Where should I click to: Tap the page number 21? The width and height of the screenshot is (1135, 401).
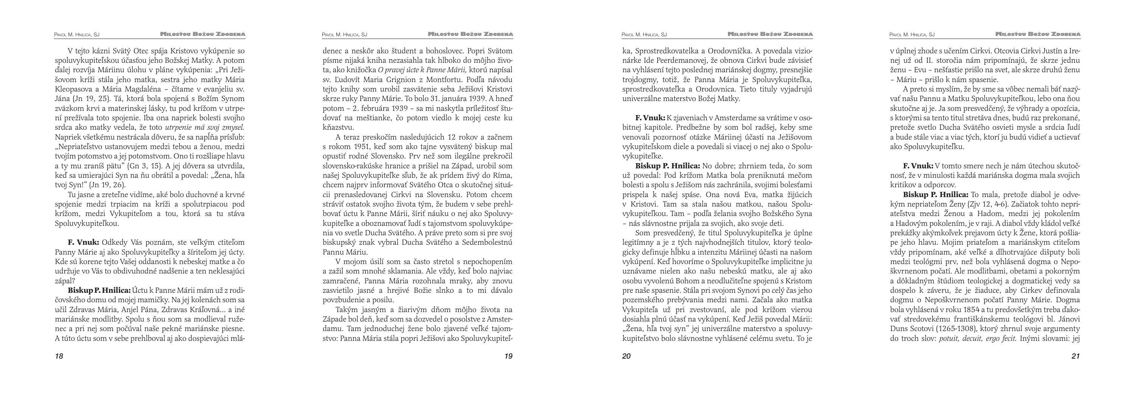(1076, 356)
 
